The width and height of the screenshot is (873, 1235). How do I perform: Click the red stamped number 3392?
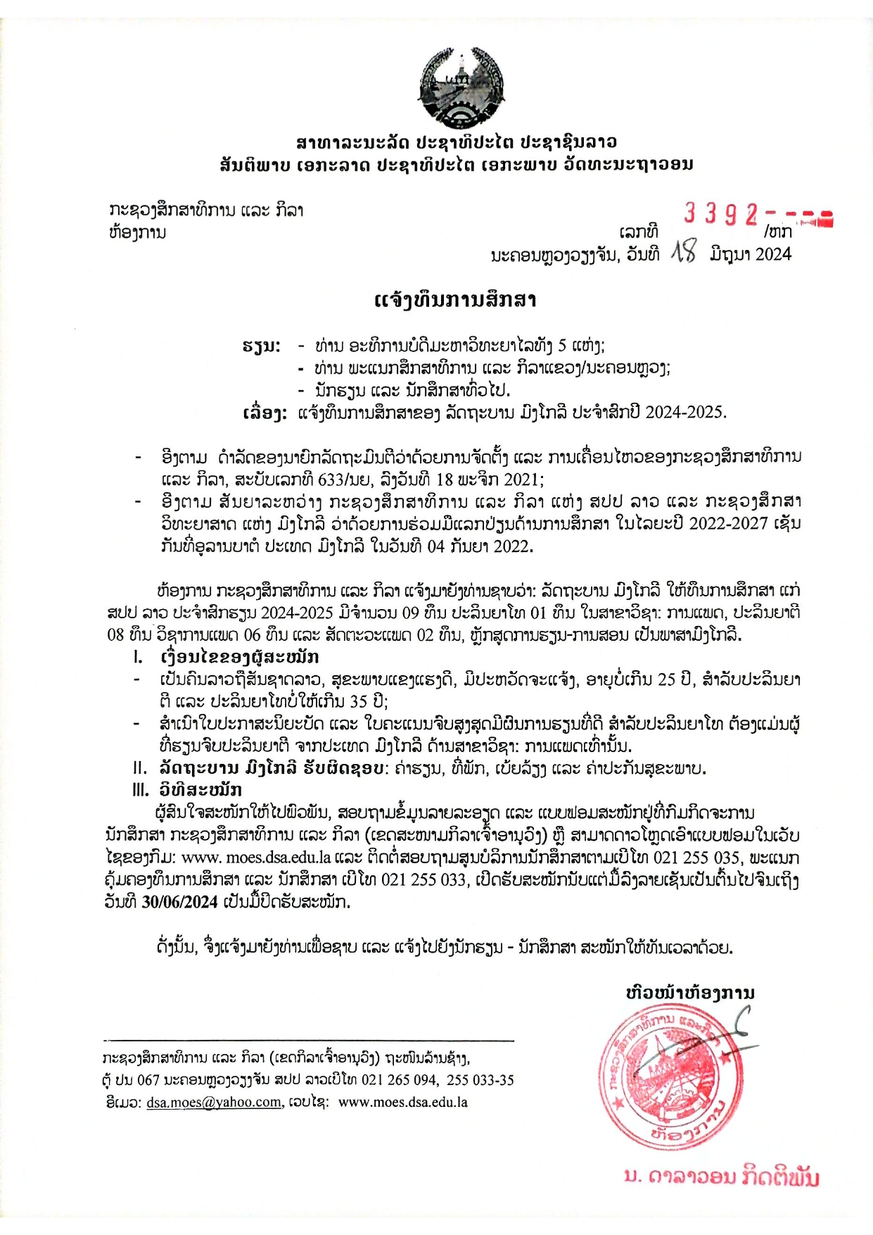(x=720, y=213)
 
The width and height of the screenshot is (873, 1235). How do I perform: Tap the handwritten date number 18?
(x=683, y=252)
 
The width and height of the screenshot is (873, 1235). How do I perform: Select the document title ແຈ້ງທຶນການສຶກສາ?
(x=456, y=301)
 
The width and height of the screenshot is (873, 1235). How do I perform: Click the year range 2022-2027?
(x=728, y=524)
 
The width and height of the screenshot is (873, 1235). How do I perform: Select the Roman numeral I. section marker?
(x=139, y=658)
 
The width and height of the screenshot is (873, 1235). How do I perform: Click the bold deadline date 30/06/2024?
(x=179, y=902)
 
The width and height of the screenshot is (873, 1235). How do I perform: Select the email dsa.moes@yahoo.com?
(x=214, y=1103)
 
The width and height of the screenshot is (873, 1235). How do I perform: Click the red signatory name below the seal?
(x=722, y=1177)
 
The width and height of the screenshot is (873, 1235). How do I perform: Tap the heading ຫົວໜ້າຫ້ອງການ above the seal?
(x=690, y=993)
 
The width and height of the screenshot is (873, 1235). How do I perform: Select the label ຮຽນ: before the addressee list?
(x=261, y=346)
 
